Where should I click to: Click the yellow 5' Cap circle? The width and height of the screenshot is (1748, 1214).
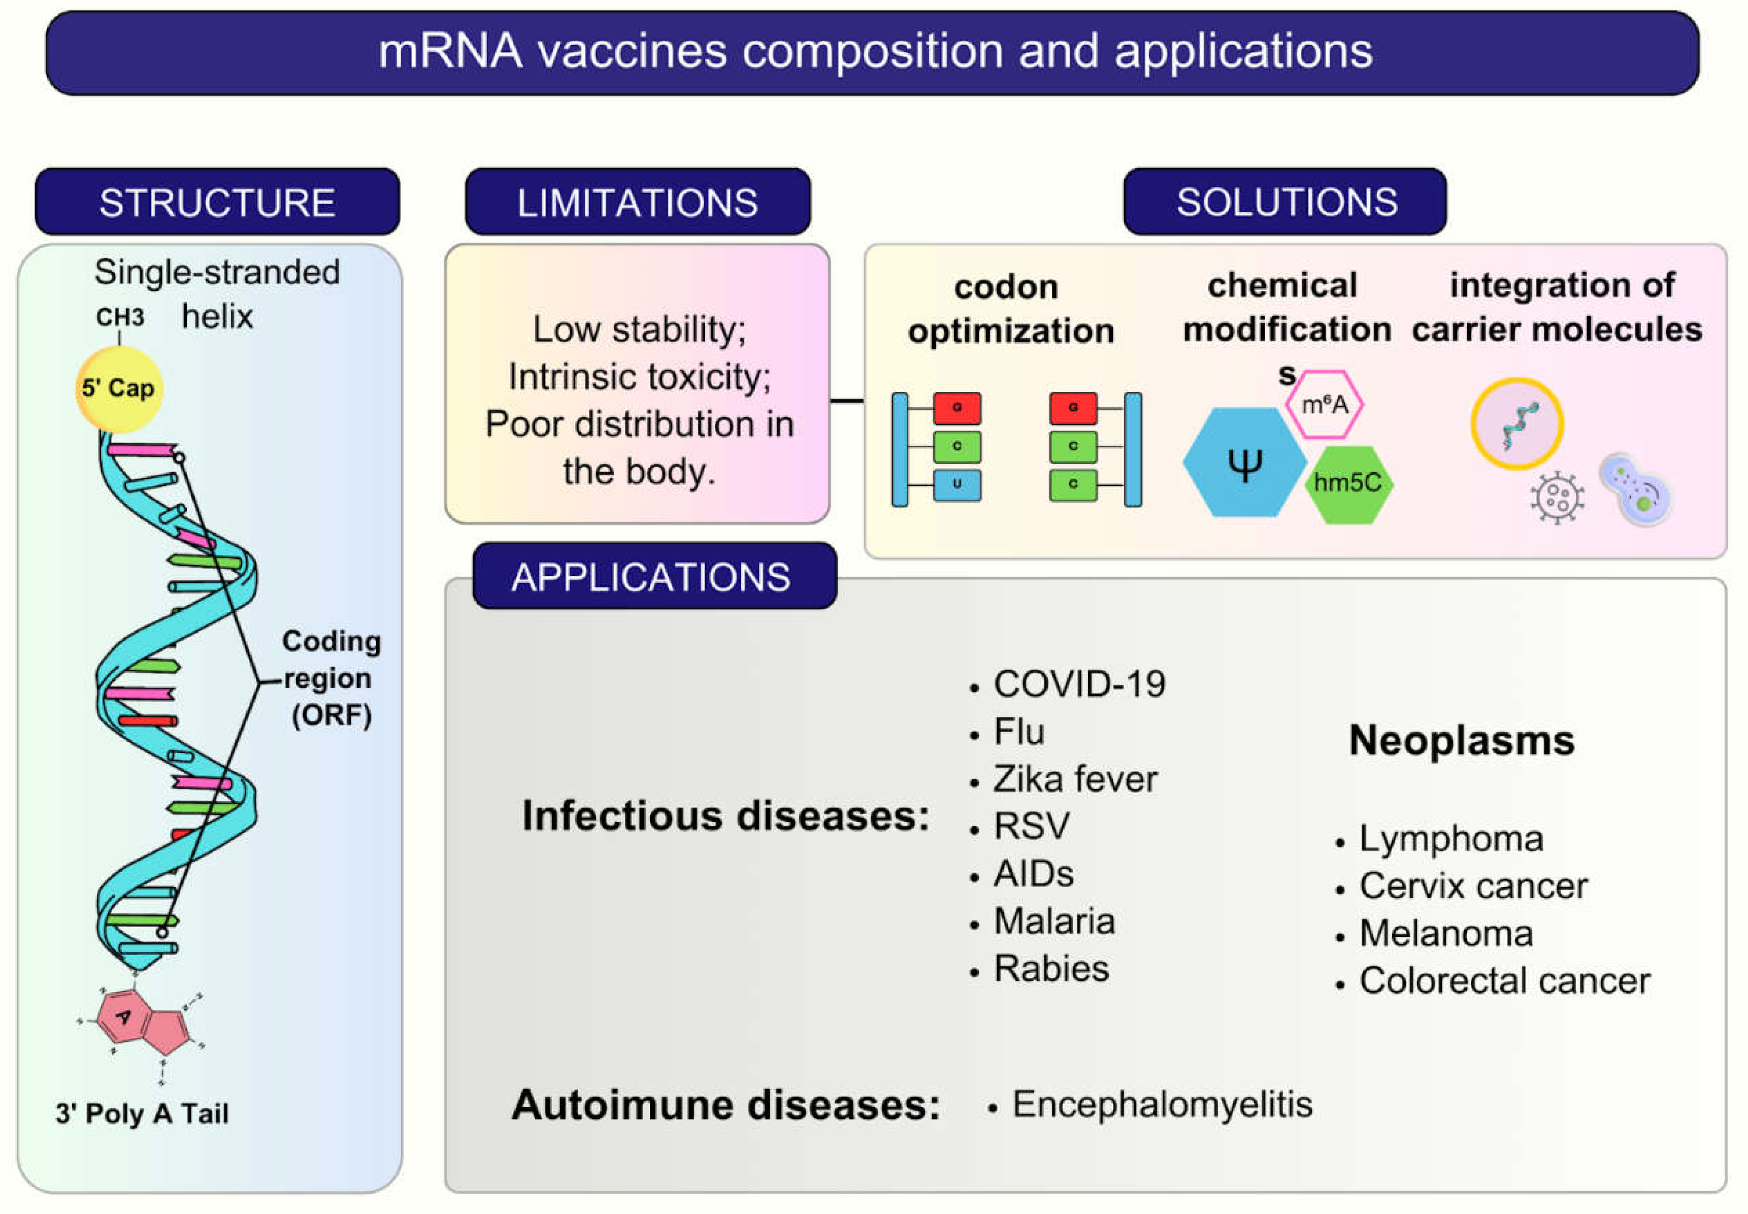coord(119,389)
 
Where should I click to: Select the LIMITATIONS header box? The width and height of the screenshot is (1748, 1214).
coord(638,202)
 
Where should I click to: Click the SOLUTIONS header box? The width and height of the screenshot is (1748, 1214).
coord(1285,202)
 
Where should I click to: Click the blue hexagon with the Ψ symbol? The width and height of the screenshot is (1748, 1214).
coord(1244,463)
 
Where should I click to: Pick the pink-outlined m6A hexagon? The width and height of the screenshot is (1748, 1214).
coord(1324,405)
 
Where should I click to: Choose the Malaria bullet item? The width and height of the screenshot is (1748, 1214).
coord(1053,921)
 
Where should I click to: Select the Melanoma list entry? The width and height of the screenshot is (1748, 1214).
coord(1445,933)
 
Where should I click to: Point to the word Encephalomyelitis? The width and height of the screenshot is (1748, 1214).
coord(1162,1104)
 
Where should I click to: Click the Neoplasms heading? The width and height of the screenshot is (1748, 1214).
coord(1461,740)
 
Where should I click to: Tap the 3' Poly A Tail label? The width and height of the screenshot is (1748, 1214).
coord(142,1113)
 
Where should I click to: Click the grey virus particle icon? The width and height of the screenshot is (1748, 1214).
coord(1556,498)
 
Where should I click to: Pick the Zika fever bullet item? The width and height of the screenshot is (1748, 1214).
coord(1075,779)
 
